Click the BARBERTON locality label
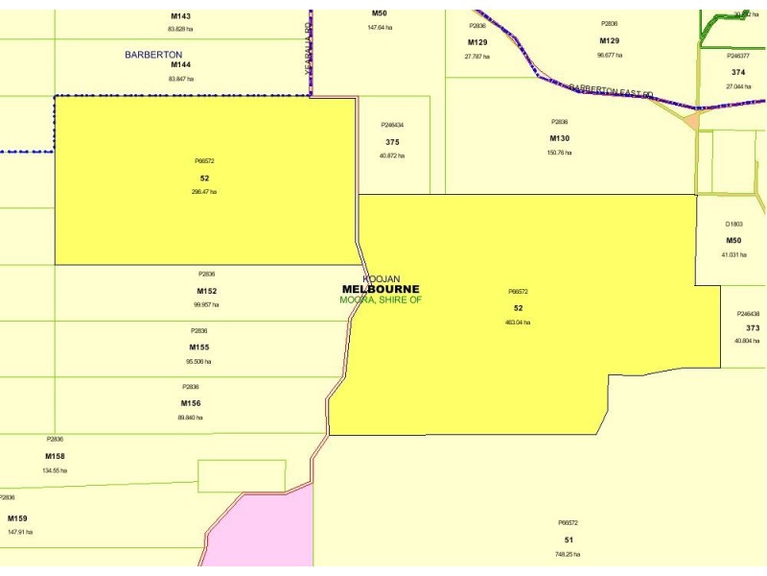153,55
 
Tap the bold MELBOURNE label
381,289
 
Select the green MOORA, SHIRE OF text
381,300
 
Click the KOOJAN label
381,278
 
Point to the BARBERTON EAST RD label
611,90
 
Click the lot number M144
180,64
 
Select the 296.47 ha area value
204,192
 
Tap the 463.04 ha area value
518,323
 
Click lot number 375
392,141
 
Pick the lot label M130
559,138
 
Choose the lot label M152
207,291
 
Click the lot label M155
199,347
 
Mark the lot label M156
191,403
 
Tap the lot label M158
55,456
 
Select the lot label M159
17,517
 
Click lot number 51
568,540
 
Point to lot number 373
753,327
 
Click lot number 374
738,72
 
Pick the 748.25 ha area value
568,554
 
